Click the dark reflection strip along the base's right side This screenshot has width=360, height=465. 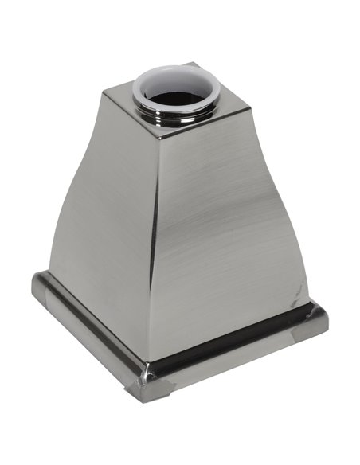pyautogui.click(x=239, y=350)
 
